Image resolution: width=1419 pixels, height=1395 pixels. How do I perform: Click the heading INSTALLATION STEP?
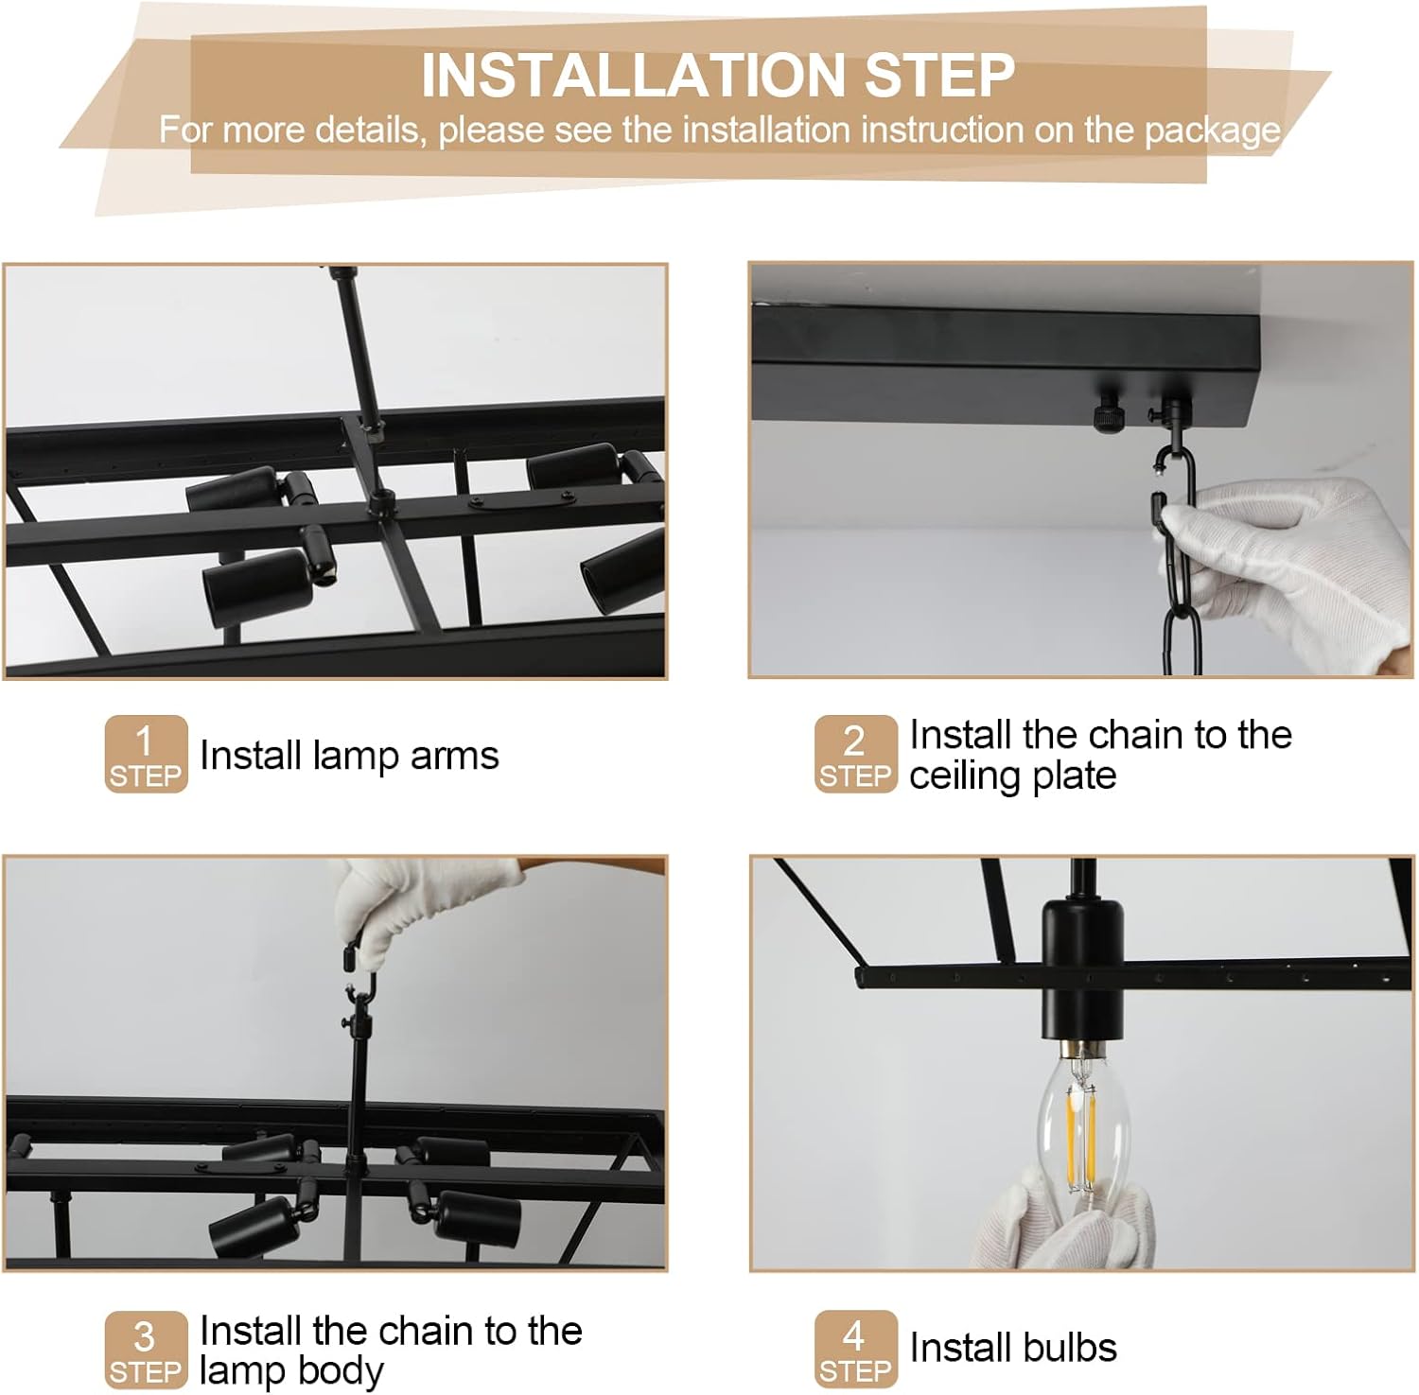[717, 76]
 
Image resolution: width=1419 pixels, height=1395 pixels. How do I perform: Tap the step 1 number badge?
[146, 754]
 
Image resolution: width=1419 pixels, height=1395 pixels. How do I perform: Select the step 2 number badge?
[855, 754]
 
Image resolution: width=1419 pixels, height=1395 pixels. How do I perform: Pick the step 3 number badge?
[146, 1350]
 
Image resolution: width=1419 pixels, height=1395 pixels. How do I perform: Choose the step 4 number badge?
[855, 1350]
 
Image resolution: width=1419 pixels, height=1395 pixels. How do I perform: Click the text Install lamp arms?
[349, 755]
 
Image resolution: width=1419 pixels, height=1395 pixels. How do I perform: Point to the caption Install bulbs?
[1013, 1348]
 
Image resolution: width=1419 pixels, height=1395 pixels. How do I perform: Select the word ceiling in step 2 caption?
[963, 776]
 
